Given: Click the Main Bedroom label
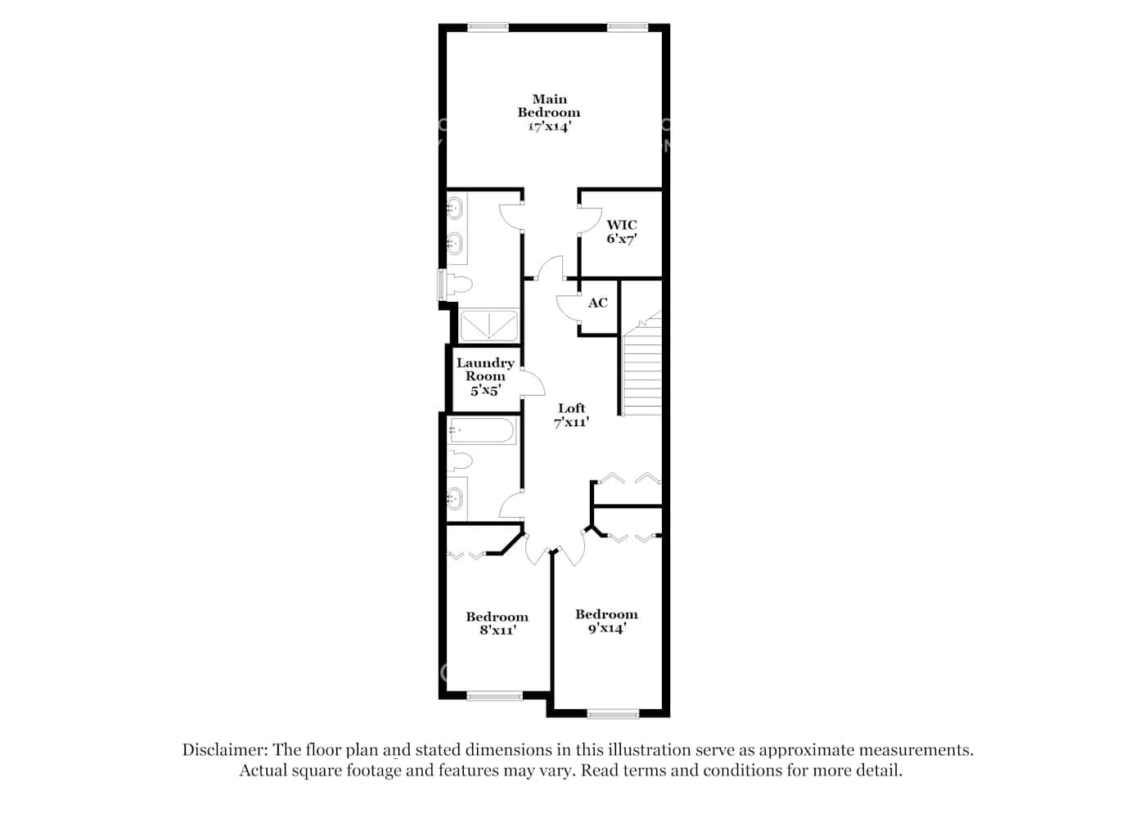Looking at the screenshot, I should click(548, 106).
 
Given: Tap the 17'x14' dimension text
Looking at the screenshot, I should click(548, 127).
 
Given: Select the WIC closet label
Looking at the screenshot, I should click(621, 225).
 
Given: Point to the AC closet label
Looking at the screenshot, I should click(598, 303).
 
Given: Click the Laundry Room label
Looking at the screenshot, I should click(485, 370).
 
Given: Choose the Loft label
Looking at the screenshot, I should click(572, 408).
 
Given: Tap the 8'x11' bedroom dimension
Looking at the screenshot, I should click(497, 631).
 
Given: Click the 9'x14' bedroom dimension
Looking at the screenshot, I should click(606, 628).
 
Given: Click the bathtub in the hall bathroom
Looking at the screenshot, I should click(482, 431).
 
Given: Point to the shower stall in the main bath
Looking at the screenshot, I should click(488, 325).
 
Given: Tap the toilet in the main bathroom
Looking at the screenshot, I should click(458, 285).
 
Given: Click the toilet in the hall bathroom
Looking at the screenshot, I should click(459, 461).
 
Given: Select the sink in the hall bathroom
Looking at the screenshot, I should click(454, 497).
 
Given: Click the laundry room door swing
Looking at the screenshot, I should click(532, 383).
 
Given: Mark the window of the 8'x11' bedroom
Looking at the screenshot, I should click(494, 697).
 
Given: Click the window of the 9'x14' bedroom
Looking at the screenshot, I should click(613, 715).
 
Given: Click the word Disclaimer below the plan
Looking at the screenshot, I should click(224, 749).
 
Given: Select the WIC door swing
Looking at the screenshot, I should click(587, 219).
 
